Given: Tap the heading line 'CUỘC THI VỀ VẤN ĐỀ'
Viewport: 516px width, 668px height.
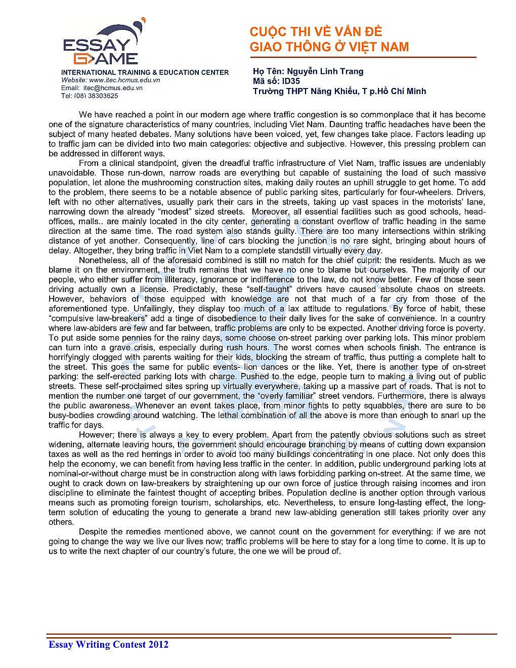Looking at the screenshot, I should coord(316,32).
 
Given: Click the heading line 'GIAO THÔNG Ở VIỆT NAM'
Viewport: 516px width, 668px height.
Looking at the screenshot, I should coord(329,47).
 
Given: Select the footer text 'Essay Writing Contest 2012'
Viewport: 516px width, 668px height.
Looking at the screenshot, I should coord(108,644).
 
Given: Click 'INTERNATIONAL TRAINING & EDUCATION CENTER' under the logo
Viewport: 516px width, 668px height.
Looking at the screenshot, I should coord(145,72).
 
